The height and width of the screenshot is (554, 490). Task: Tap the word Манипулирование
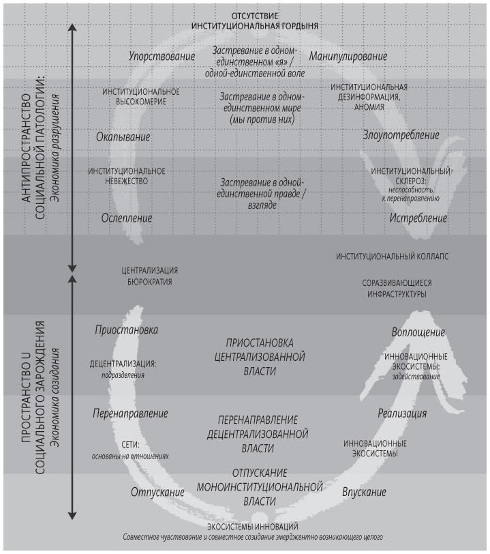(x=348, y=57)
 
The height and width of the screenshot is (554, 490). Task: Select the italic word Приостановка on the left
(x=127, y=330)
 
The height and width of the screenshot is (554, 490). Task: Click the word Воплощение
(x=418, y=332)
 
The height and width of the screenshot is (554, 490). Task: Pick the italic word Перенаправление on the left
(x=130, y=413)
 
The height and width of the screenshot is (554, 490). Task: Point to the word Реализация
(x=402, y=413)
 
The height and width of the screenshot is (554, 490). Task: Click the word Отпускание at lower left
(x=158, y=492)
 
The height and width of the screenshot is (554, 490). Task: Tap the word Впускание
(x=364, y=492)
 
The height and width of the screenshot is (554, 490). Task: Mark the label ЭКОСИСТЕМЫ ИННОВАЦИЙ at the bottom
(x=252, y=526)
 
